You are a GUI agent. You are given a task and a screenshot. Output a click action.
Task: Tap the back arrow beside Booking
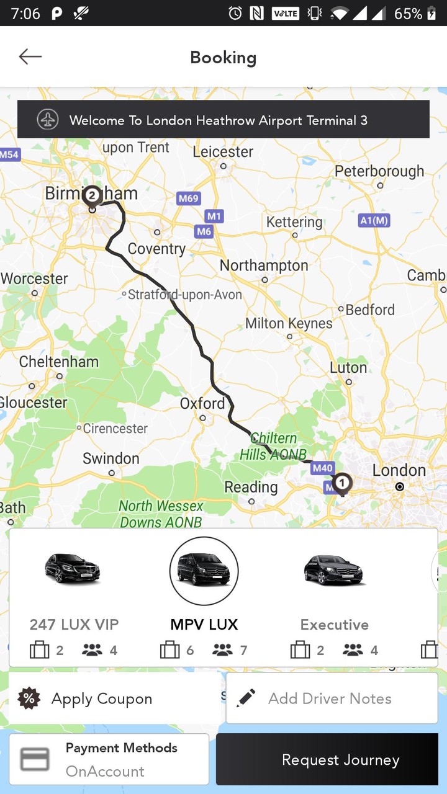click(x=30, y=57)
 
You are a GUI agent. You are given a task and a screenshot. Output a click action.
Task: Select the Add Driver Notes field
click(x=332, y=698)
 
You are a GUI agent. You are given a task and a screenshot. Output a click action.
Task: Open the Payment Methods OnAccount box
click(x=109, y=760)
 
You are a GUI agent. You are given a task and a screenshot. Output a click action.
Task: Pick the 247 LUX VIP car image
click(x=73, y=568)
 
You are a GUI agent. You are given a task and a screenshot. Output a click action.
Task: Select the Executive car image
click(x=334, y=569)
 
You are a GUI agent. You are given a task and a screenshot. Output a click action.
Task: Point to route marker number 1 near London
click(x=341, y=482)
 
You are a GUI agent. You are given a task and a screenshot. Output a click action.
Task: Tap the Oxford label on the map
click(x=202, y=404)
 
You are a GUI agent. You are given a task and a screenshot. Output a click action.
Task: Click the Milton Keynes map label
click(x=289, y=323)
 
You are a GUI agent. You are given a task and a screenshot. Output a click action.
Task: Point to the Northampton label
click(x=264, y=265)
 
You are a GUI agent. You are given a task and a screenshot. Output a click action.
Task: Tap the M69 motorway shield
click(x=188, y=198)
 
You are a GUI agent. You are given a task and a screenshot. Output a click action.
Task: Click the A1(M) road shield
click(x=374, y=220)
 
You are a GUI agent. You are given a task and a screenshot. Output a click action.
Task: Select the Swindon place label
click(x=111, y=458)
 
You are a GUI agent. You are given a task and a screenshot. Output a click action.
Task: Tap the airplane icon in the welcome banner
click(x=48, y=120)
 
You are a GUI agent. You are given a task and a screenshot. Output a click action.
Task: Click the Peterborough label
click(x=379, y=171)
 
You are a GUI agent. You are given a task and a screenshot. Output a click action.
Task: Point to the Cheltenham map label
click(x=59, y=362)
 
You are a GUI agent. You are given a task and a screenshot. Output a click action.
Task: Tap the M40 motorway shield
click(x=323, y=468)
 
